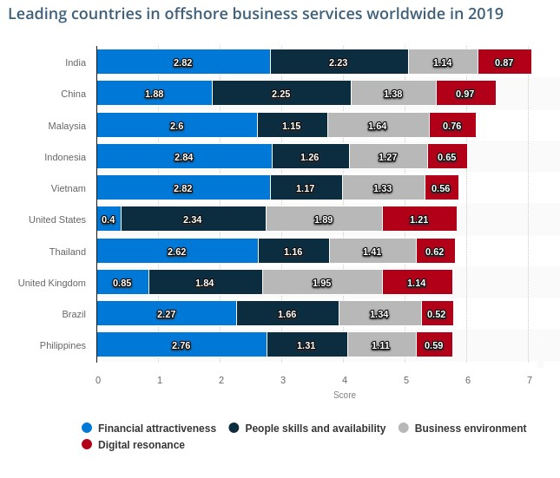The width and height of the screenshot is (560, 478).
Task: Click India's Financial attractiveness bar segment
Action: [183, 62]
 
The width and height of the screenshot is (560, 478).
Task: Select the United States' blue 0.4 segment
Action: [109, 219]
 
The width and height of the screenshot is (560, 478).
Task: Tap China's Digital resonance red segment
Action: [465, 94]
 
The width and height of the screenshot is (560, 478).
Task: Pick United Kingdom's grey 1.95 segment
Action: [322, 283]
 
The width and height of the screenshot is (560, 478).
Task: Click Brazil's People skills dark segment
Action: [287, 314]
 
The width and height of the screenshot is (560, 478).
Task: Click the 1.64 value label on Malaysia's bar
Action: [378, 126]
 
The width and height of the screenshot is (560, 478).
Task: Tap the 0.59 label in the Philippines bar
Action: [433, 345]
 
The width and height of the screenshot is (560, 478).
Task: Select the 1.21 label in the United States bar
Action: [418, 220]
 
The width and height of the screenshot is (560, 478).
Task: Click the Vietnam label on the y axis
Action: [69, 188]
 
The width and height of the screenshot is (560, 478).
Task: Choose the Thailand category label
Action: [67, 252]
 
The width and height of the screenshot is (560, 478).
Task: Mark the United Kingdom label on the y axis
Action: [52, 283]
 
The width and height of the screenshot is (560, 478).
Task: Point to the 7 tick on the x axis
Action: [529, 380]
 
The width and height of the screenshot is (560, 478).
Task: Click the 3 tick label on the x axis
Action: [283, 380]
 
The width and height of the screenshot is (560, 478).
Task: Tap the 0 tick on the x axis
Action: [98, 380]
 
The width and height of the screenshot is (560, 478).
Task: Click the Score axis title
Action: [344, 396]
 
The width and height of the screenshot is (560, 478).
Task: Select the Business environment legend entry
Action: [470, 428]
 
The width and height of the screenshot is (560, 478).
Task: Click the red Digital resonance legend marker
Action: [87, 445]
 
